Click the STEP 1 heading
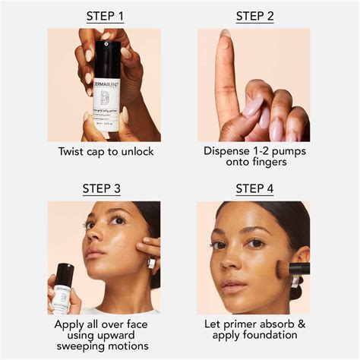(104, 16)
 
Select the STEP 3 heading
(104, 188)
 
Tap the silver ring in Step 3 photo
(151, 263)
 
